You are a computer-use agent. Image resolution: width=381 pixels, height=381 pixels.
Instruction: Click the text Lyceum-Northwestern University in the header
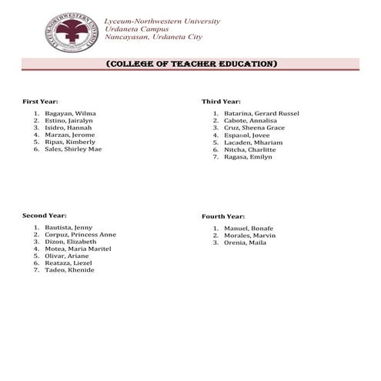click(161, 21)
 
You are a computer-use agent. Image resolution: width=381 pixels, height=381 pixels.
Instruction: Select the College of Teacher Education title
click(190, 63)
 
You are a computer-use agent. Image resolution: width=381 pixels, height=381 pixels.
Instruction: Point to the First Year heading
click(40, 102)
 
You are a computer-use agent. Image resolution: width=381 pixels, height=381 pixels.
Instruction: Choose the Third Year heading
click(221, 102)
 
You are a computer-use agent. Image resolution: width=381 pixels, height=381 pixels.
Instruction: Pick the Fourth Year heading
click(223, 216)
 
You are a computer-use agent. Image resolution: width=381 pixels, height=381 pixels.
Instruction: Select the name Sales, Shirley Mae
click(73, 149)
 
